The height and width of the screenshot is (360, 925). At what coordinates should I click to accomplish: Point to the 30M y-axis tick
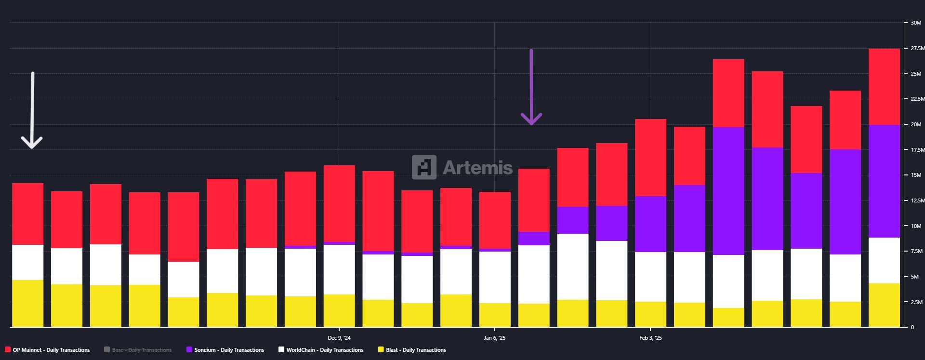(915, 23)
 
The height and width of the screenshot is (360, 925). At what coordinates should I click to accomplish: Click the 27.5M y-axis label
(917, 48)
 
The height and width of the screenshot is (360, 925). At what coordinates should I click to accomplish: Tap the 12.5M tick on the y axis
(917, 200)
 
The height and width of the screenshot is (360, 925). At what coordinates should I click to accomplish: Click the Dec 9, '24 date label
(339, 338)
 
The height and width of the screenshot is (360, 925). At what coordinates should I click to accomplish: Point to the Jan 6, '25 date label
(495, 338)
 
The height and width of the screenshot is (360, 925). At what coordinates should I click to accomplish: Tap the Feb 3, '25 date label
(650, 338)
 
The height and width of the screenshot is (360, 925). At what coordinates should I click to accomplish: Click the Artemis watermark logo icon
(424, 167)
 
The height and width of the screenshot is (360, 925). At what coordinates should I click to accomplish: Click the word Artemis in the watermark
(477, 168)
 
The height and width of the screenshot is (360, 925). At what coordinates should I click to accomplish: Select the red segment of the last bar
(884, 87)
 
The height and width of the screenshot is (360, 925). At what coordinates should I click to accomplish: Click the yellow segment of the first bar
(27, 304)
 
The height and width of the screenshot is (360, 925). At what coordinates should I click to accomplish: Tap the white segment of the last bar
(884, 260)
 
